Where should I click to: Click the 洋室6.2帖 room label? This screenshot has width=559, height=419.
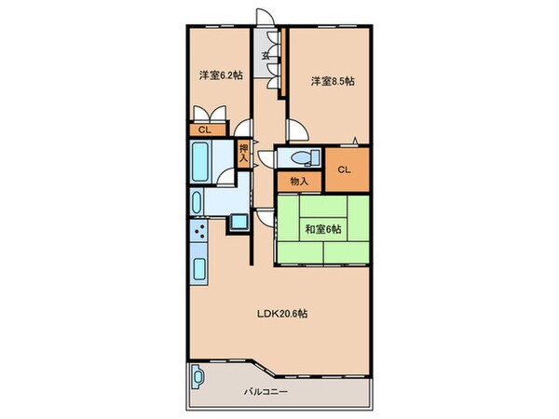click(221, 75)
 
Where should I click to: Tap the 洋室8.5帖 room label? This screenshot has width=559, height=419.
click(333, 81)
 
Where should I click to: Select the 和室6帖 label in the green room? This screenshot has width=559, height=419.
click(323, 229)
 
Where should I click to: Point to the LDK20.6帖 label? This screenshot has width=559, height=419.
click(282, 314)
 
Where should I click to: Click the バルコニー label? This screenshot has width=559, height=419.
click(266, 392)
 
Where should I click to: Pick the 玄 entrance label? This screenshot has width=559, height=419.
click(266, 56)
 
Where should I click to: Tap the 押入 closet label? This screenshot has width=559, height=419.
click(243, 153)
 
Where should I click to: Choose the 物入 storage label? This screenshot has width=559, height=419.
click(299, 182)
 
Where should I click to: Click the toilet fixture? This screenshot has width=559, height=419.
click(306, 157)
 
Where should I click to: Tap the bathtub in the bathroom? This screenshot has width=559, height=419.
click(199, 162)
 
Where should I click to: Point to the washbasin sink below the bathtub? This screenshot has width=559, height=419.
click(197, 202)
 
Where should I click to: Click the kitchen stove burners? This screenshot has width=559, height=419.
click(198, 231)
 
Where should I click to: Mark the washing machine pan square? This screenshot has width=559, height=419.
click(239, 222)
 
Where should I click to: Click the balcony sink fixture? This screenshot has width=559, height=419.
click(198, 376)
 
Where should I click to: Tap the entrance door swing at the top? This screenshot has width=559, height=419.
click(266, 17)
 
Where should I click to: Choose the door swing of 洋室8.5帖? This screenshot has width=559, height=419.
click(297, 130)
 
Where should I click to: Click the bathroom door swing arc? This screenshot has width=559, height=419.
click(225, 176)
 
